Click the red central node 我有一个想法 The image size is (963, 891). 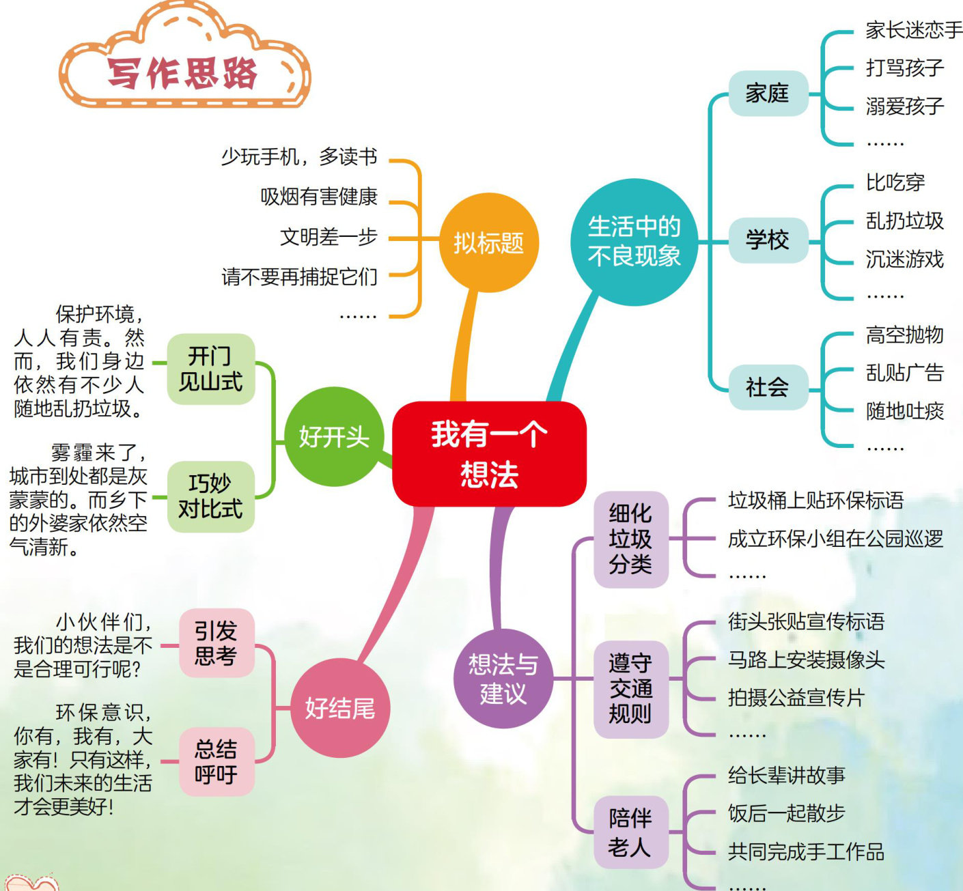(x=489, y=453)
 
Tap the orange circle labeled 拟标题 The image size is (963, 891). (x=489, y=242)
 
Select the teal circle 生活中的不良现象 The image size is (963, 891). (x=634, y=242)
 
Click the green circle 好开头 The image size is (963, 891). (x=334, y=436)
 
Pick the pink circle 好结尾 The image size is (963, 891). (x=340, y=708)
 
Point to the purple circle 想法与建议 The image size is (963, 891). (x=503, y=679)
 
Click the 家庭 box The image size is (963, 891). (x=767, y=93)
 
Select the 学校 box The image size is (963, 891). (x=767, y=240)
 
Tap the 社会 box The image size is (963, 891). (x=767, y=388)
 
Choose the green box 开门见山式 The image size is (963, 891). (x=210, y=369)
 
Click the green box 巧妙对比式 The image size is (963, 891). (x=210, y=496)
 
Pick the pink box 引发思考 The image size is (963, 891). (x=216, y=643)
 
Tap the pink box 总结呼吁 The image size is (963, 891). (x=216, y=761)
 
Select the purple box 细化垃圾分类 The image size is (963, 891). (x=630, y=539)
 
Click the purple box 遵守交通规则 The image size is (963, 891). (x=630, y=688)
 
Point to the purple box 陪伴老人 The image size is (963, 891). (x=630, y=832)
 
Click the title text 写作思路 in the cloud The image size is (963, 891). (x=182, y=73)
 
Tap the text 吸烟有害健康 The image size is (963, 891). (x=319, y=197)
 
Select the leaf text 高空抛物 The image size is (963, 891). (x=904, y=335)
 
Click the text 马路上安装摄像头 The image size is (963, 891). (x=806, y=660)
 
